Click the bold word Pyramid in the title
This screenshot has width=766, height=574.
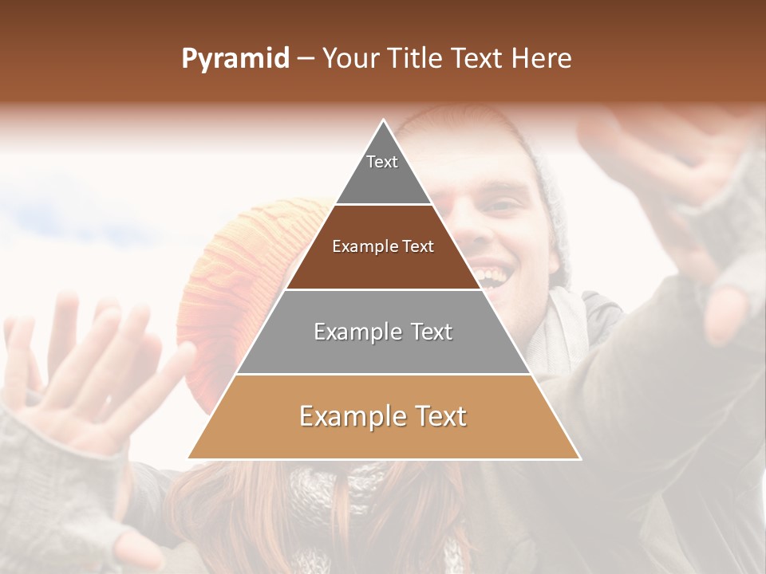click(x=235, y=58)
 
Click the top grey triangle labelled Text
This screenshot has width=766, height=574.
click(x=383, y=171)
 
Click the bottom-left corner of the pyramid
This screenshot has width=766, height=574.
click(x=189, y=458)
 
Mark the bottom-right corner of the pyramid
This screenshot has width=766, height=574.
click(x=578, y=458)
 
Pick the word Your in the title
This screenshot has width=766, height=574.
click(x=349, y=58)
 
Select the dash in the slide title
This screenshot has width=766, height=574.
click(x=306, y=58)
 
